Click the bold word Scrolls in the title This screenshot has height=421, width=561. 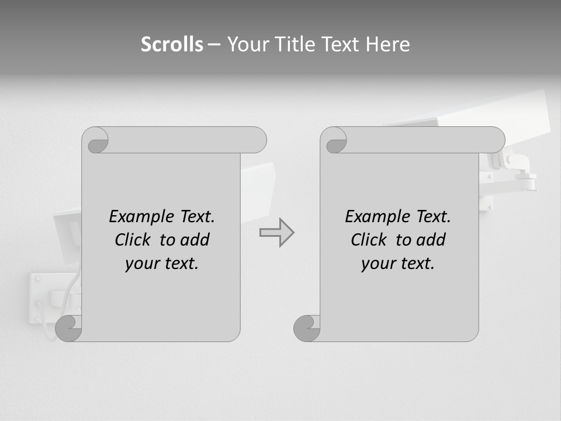172,44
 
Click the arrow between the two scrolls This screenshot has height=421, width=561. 277,233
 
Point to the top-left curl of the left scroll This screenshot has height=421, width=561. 95,140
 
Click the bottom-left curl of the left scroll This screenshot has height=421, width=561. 68,329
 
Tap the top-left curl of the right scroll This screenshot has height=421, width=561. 334,140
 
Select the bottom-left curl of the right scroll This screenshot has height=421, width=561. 307,329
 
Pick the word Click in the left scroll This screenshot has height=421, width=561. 134,240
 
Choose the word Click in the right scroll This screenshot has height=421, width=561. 370,240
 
